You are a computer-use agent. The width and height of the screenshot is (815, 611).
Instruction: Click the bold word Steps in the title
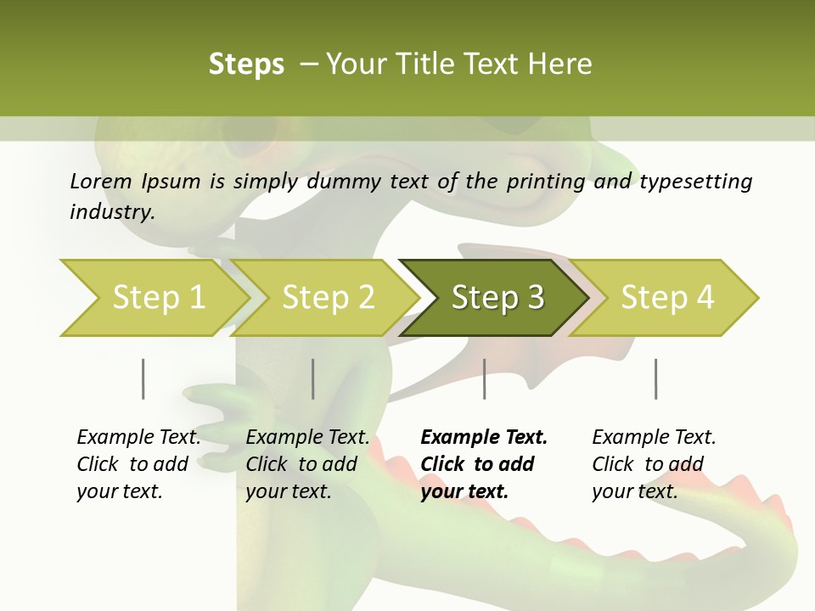point(246,64)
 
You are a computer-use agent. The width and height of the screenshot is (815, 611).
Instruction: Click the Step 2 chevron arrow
point(328,298)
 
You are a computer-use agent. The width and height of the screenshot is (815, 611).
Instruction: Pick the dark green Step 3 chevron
point(497,298)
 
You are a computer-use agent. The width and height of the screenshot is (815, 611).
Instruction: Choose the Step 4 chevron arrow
point(666,298)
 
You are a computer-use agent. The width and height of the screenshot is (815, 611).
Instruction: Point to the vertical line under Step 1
point(143,378)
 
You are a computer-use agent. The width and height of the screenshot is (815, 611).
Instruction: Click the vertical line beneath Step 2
point(313,378)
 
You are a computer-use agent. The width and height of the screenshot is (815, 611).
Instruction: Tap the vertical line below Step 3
point(485,378)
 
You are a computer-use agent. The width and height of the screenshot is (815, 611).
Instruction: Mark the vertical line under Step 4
point(656,378)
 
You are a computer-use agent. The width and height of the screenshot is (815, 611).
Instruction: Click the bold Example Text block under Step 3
point(484,464)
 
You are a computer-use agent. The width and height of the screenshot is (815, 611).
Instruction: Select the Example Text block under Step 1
point(138,464)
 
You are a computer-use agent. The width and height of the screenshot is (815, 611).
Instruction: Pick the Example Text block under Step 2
point(307,464)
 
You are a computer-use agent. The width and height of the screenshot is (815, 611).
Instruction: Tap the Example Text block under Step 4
point(654,464)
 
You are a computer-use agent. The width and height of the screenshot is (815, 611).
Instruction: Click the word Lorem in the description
point(100,182)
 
